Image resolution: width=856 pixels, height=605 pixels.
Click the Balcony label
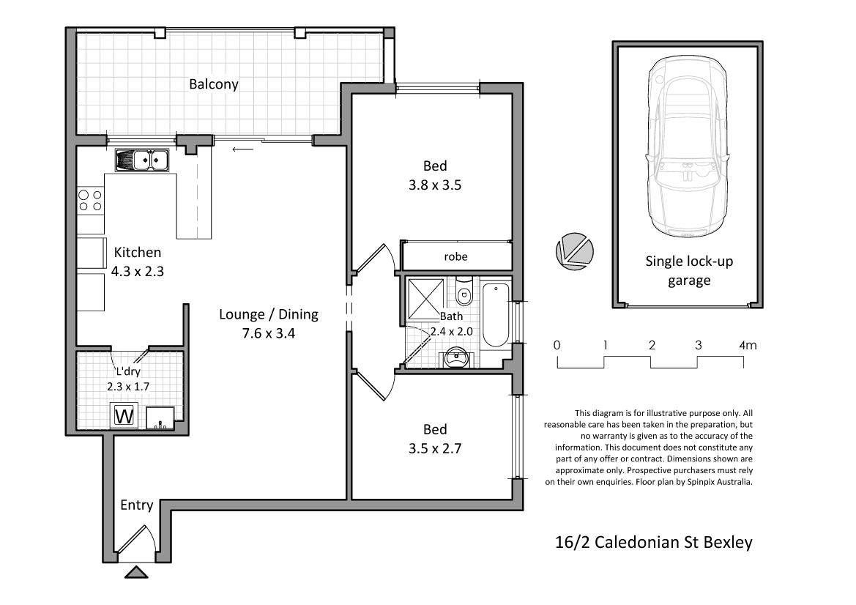[x=214, y=84]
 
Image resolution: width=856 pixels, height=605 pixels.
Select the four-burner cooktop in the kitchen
[x=90, y=201]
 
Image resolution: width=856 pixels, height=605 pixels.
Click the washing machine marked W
[x=124, y=416]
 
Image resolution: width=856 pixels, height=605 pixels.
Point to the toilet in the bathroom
[x=464, y=294]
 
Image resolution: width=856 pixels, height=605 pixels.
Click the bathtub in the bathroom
[x=496, y=316]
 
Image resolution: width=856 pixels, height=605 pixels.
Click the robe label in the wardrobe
[x=455, y=256]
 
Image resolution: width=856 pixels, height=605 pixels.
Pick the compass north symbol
[x=573, y=250]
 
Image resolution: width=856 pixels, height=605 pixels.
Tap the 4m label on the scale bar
[x=748, y=345]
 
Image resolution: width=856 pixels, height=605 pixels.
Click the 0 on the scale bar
[x=557, y=345]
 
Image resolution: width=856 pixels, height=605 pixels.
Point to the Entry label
[x=137, y=505]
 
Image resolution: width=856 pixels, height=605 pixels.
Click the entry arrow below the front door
[x=135, y=572]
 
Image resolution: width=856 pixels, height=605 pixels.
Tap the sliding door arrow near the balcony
[x=242, y=150]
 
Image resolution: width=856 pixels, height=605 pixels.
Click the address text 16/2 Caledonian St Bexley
[x=652, y=543]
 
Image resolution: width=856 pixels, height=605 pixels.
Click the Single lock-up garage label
[x=689, y=270]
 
